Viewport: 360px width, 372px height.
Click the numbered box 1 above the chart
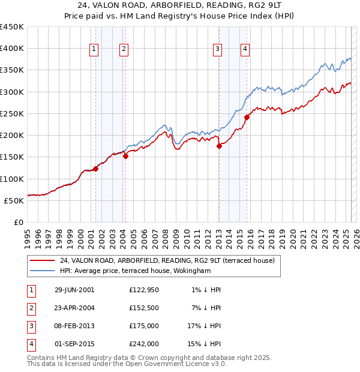pyautogui.click(x=95, y=50)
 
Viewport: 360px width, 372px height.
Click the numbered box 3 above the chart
pyautogui.click(x=217, y=50)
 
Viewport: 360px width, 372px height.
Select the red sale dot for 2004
pyautogui.click(x=125, y=157)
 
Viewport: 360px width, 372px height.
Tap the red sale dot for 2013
pyautogui.click(x=219, y=146)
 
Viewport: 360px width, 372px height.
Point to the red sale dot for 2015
pyautogui.click(x=247, y=117)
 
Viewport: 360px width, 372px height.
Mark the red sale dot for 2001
pyautogui.click(x=95, y=169)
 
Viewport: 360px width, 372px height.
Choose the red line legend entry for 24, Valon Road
pyautogui.click(x=167, y=260)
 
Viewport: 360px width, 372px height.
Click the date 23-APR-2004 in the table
pyautogui.click(x=74, y=308)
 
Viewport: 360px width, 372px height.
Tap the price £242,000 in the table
pyautogui.click(x=144, y=344)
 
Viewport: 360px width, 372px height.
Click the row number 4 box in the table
pyautogui.click(x=31, y=344)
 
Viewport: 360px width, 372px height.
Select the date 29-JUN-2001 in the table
pyautogui.click(x=74, y=290)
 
